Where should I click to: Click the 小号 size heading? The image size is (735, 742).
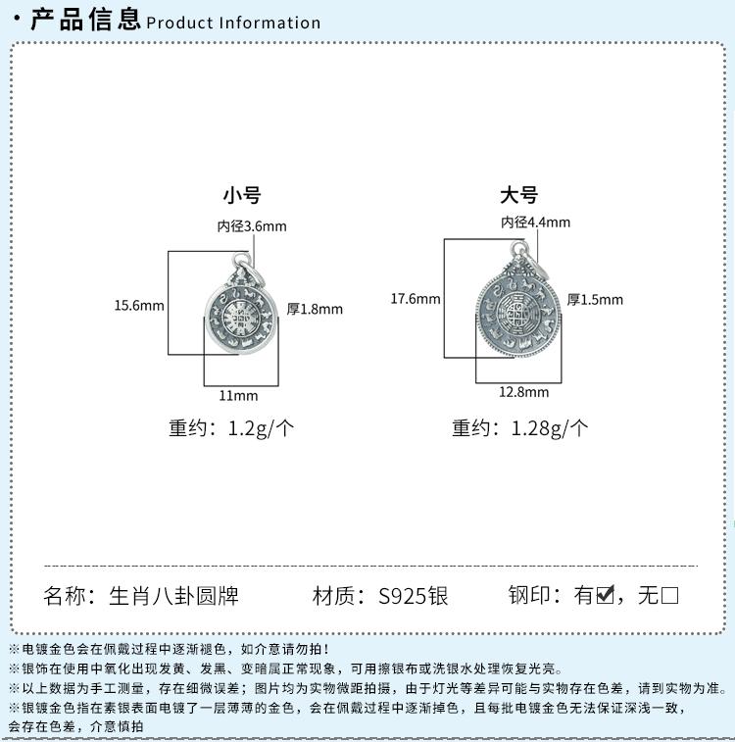pyautogui.click(x=242, y=195)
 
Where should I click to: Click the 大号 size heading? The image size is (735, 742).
pyautogui.click(x=518, y=195)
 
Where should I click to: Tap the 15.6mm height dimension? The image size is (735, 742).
pyautogui.click(x=139, y=305)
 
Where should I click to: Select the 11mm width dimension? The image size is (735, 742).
pyautogui.click(x=238, y=395)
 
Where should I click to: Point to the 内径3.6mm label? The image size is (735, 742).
pyautogui.click(x=252, y=226)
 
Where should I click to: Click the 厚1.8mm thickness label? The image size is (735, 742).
pyautogui.click(x=315, y=309)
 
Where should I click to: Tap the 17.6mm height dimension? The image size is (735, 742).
pyautogui.click(x=416, y=299)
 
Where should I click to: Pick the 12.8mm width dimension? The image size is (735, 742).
pyautogui.click(x=524, y=392)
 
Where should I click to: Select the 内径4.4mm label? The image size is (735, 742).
pyautogui.click(x=536, y=222)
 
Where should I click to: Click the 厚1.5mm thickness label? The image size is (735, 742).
pyautogui.click(x=595, y=299)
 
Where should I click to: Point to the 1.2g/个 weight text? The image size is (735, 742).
pyautogui.click(x=261, y=428)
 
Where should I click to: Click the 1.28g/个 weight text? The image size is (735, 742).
pyautogui.click(x=550, y=428)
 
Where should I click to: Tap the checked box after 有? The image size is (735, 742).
pyautogui.click(x=606, y=594)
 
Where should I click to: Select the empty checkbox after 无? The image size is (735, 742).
pyautogui.click(x=669, y=595)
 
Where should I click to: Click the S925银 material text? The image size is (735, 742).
pyautogui.click(x=413, y=595)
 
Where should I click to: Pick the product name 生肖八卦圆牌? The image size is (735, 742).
pyautogui.click(x=173, y=595)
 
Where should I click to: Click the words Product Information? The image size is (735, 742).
pyautogui.click(x=233, y=23)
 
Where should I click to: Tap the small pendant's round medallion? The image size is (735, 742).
pyautogui.click(x=241, y=317)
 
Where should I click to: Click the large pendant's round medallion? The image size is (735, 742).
pyautogui.click(x=517, y=315)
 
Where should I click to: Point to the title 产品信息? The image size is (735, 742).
pyautogui.click(x=85, y=20)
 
